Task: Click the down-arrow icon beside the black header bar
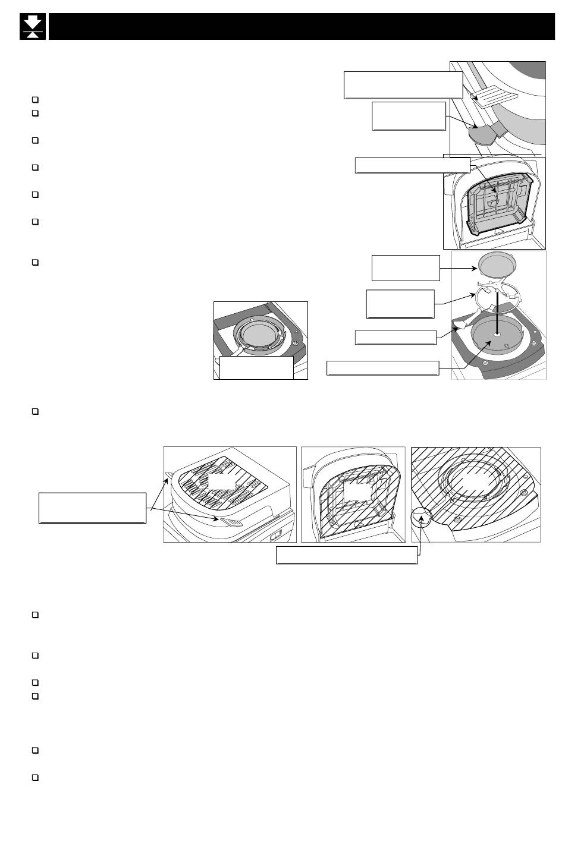[x=33, y=27]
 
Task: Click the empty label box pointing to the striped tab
[x=403, y=84]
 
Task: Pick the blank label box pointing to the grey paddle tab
[x=409, y=115]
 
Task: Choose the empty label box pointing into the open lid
[x=412, y=165]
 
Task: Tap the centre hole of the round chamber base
[x=495, y=335]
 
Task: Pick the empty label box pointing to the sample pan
[x=406, y=267]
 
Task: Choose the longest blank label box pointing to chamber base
[x=383, y=368]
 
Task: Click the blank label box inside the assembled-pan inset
[x=256, y=367]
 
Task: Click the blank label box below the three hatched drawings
[x=347, y=555]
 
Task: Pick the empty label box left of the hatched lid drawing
[x=92, y=508]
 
